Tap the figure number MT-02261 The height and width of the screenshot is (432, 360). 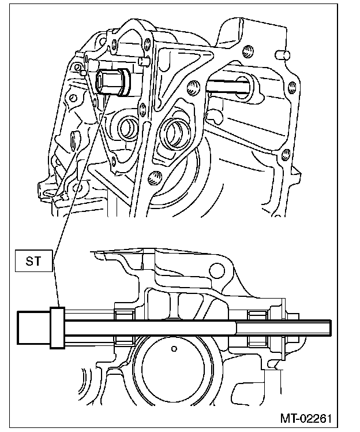tap(309, 418)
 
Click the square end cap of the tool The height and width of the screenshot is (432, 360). tap(33, 327)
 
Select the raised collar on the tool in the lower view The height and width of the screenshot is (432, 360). tap(57, 327)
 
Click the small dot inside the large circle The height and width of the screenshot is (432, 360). tap(174, 349)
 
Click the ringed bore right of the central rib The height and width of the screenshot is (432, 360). tap(174, 134)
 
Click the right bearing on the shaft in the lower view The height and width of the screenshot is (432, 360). tap(257, 327)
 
